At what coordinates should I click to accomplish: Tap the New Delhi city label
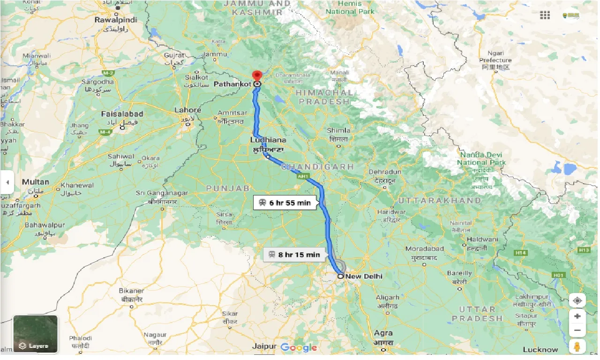[364, 276]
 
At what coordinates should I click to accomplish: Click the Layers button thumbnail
[36, 334]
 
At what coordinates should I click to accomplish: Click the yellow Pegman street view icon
[577, 347]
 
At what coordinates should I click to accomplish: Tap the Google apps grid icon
[545, 15]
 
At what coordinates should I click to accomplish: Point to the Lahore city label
[187, 110]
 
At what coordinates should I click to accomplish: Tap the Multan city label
[35, 182]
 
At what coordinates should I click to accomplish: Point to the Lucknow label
[540, 349]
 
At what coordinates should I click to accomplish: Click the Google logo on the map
[299, 347]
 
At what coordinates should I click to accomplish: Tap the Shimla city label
[339, 130]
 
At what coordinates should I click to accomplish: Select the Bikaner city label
[131, 291]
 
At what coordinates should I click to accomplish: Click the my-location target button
[577, 300]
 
